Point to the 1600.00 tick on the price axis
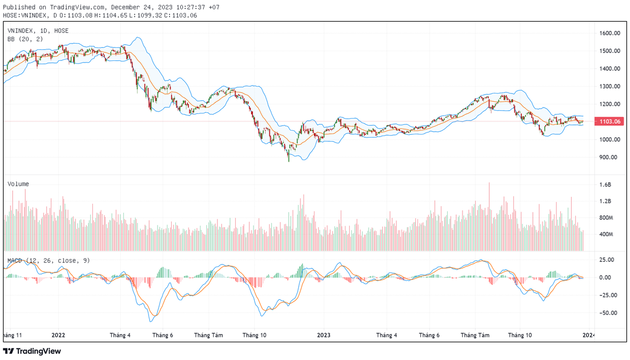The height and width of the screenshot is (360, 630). coord(610,33)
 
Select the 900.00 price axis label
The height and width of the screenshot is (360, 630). coord(608,157)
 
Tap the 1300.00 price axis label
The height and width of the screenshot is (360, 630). coord(610,87)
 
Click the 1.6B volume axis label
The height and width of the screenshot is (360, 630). coord(605,185)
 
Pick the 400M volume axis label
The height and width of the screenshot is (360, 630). coord(606,234)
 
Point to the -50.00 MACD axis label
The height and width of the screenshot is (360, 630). coord(607,313)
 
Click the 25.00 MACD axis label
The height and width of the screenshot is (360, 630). coord(607,260)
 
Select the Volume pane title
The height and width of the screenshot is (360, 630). coord(18,184)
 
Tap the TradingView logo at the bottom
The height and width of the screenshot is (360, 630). coord(33,351)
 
